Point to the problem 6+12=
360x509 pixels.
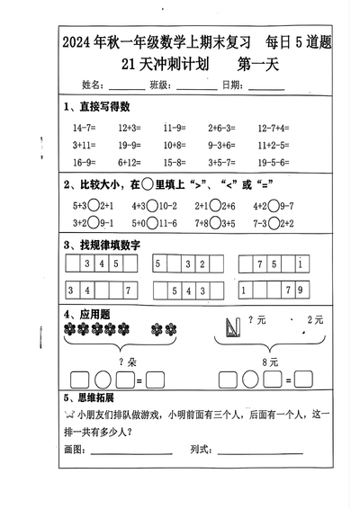click(x=130, y=163)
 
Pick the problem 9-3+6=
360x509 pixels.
click(x=221, y=146)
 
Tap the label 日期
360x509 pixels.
click(x=230, y=85)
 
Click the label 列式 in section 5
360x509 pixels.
click(x=201, y=448)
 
